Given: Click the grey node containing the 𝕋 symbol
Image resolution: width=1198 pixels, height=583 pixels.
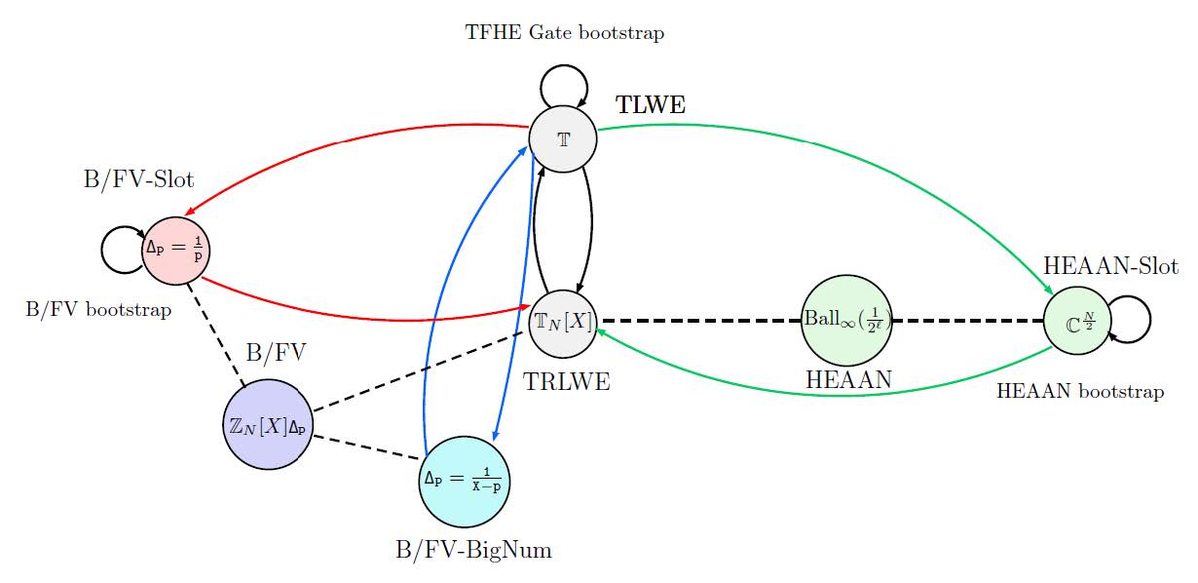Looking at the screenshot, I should click(x=563, y=137).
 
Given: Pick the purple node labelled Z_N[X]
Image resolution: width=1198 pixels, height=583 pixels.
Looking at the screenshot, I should click(x=267, y=424).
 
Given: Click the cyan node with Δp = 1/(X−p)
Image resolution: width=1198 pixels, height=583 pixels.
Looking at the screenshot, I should click(x=465, y=480).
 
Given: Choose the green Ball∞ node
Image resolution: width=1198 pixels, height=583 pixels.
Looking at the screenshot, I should click(x=846, y=320).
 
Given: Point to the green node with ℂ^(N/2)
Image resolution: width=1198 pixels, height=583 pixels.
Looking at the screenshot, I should click(x=1077, y=320).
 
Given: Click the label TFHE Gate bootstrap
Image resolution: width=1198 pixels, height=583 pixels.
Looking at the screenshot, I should click(x=565, y=33).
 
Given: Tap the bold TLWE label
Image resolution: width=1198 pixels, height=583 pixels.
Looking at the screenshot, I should click(x=651, y=105).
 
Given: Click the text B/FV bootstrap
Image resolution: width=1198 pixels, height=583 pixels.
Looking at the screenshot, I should click(x=98, y=310).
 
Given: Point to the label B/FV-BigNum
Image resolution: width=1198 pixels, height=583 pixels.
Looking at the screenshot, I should click(x=473, y=551).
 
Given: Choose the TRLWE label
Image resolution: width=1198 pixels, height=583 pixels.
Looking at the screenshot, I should click(x=567, y=381).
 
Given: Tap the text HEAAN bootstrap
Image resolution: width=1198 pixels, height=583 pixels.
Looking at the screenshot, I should click(x=1080, y=392).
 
